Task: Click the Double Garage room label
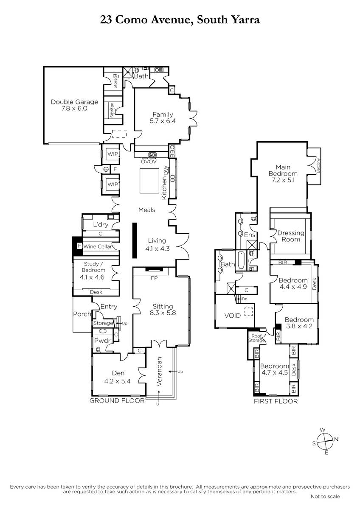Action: (74, 102)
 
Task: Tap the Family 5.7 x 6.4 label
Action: (163, 117)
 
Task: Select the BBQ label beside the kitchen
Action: (172, 151)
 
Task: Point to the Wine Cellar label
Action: (98, 246)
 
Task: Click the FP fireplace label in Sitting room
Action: (154, 278)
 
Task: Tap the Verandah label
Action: (159, 371)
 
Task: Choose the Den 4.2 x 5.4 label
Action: (117, 377)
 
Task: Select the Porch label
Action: (82, 314)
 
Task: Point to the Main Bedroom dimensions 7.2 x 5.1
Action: (283, 180)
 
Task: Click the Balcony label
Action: (318, 165)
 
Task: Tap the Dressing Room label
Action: (291, 236)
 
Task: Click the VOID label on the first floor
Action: (232, 316)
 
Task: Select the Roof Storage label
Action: (256, 338)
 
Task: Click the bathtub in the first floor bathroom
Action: (241, 260)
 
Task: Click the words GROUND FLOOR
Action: (117, 400)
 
